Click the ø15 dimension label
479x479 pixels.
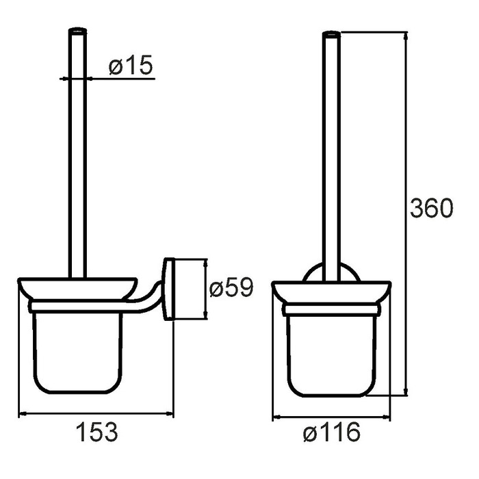pos(131,65)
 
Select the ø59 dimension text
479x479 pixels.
pos(231,287)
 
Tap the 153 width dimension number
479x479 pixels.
pos(96,432)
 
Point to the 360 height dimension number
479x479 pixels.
pos(431,208)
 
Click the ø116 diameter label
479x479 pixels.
pos(332,432)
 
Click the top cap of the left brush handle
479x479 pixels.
pos(77,30)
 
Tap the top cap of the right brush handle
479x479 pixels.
pos(331,34)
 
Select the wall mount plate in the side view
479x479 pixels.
pos(169,289)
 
